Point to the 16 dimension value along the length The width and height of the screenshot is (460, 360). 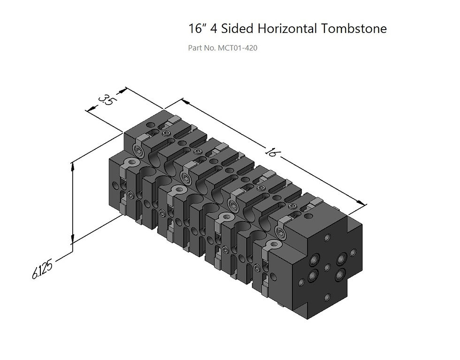pyautogui.click(x=271, y=151)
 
